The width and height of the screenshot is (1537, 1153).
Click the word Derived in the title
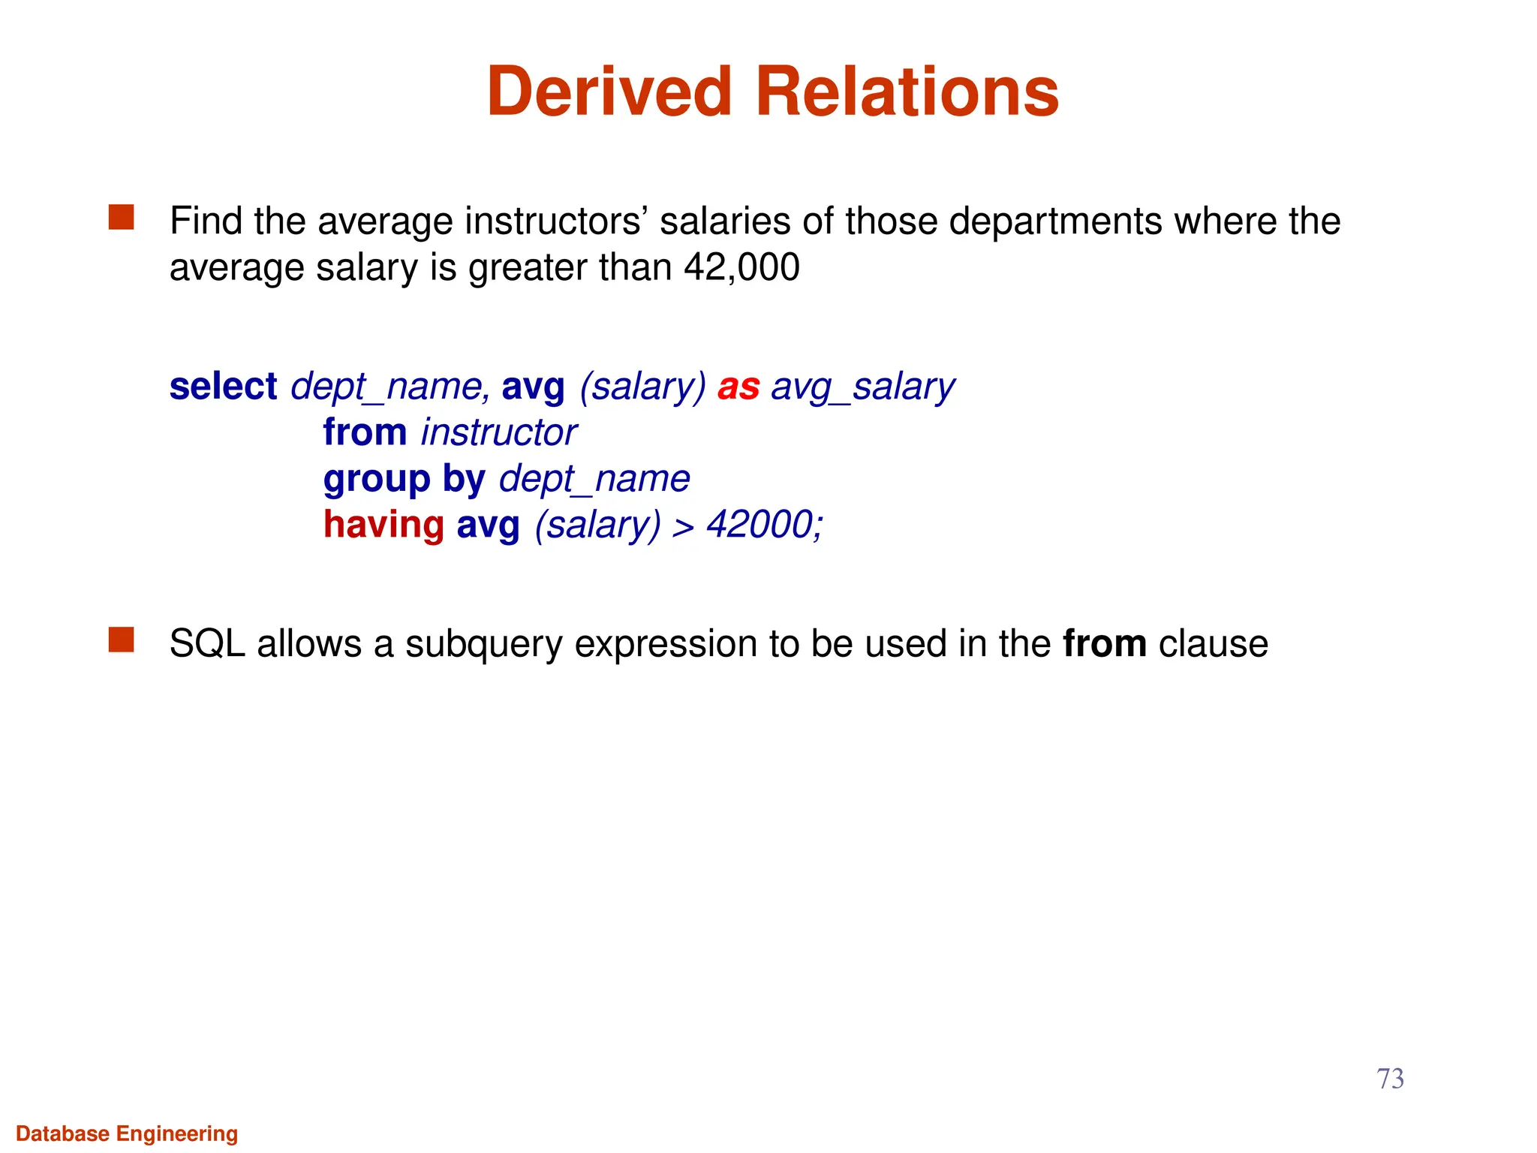[609, 92]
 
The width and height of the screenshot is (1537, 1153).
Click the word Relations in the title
[907, 92]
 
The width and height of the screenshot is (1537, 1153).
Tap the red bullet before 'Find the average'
[121, 218]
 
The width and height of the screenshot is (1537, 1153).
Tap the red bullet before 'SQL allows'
[121, 640]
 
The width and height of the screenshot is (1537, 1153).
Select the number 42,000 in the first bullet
[741, 267]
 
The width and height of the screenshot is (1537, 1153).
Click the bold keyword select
[223, 387]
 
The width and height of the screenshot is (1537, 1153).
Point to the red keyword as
[738, 387]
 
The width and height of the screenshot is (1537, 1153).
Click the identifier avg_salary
[863, 387]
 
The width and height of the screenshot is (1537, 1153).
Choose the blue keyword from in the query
[365, 432]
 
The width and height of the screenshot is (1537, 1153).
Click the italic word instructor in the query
[498, 432]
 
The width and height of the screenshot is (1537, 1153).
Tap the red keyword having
[383, 524]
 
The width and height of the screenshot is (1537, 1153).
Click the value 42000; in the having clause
[765, 524]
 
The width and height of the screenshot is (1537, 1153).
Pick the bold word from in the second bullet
[1105, 644]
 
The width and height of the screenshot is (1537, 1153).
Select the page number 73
[1390, 1079]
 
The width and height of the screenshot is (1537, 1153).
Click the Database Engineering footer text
[127, 1133]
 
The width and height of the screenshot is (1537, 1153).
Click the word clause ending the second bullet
[1213, 644]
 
